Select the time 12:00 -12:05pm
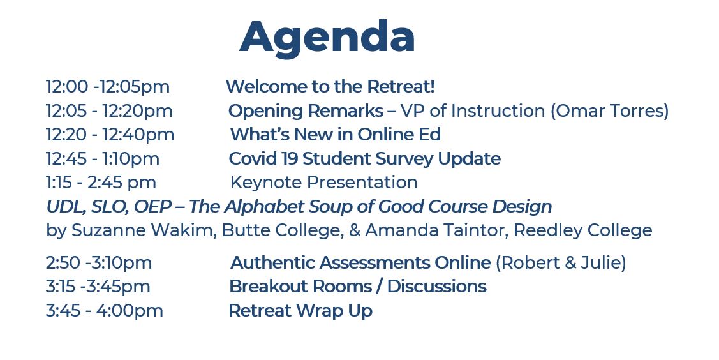tap(108, 87)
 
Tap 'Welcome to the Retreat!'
tap(330, 86)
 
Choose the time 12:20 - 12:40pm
tap(110, 135)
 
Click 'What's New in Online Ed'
tap(335, 135)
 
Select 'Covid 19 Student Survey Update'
tap(364, 159)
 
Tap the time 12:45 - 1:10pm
tap(103, 159)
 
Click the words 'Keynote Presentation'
tap(323, 183)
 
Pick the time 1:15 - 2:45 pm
tap(101, 183)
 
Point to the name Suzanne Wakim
tap(144, 230)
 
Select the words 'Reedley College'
tap(582, 230)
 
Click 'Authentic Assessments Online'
tap(360, 263)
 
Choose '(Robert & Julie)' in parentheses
tap(561, 263)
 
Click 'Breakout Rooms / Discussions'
tap(358, 287)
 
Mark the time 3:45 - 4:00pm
tap(105, 310)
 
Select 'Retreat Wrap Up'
tap(300, 311)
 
